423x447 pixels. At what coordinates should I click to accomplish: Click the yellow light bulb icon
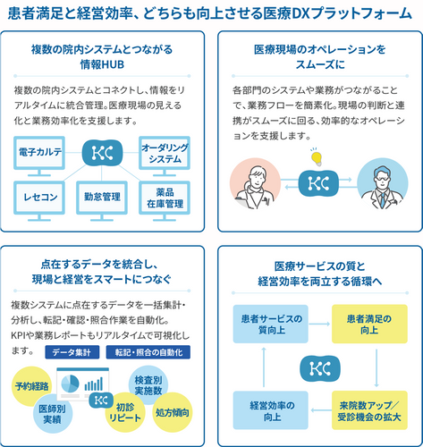tap(317, 157)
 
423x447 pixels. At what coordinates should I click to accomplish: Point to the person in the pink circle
tap(255, 183)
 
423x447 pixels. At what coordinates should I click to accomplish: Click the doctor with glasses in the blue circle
tap(383, 183)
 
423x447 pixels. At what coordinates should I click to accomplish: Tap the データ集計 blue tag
tap(72, 352)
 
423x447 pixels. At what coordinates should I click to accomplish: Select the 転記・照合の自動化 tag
tap(148, 352)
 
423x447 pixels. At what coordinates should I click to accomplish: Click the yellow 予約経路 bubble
tap(31, 386)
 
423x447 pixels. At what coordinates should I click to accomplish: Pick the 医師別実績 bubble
tap(53, 414)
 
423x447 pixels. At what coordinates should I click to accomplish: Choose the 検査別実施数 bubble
tap(148, 385)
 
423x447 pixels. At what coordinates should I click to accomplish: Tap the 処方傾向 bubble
tap(173, 412)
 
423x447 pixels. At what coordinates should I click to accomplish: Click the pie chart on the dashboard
tap(70, 384)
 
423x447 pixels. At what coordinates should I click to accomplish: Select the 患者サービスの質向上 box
tap(270, 324)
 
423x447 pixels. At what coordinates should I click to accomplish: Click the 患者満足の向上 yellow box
tap(369, 324)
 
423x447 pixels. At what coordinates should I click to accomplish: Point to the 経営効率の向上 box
tap(270, 410)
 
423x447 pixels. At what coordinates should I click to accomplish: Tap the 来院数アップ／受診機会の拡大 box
tap(369, 410)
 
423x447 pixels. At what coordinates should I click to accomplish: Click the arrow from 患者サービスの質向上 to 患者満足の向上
tap(319, 324)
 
